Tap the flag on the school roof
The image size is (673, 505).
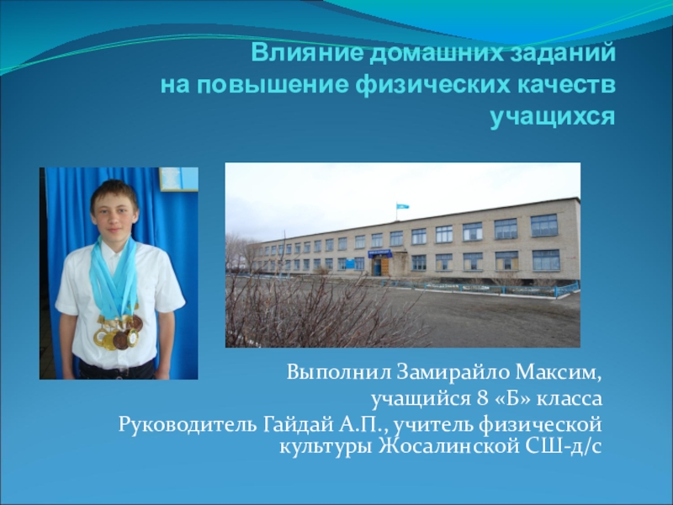click(x=403, y=205)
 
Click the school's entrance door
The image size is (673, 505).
click(x=378, y=266)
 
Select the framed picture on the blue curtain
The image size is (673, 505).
click(x=178, y=178)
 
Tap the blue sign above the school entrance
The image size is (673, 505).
click(x=379, y=252)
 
